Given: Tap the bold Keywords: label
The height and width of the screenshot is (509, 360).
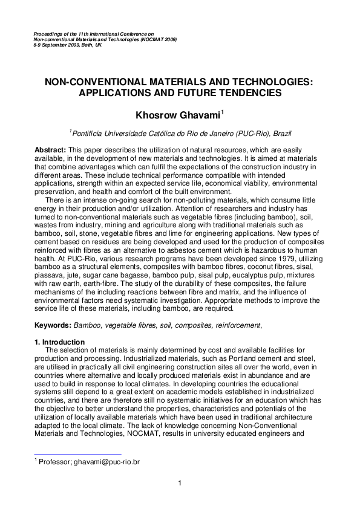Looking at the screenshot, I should click(53, 325).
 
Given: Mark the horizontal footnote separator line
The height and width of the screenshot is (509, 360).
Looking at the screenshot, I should click(77, 454).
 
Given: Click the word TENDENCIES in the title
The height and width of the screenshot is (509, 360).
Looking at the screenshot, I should click(249, 93).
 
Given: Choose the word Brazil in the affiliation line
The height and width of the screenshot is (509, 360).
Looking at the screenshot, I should click(280, 131).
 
